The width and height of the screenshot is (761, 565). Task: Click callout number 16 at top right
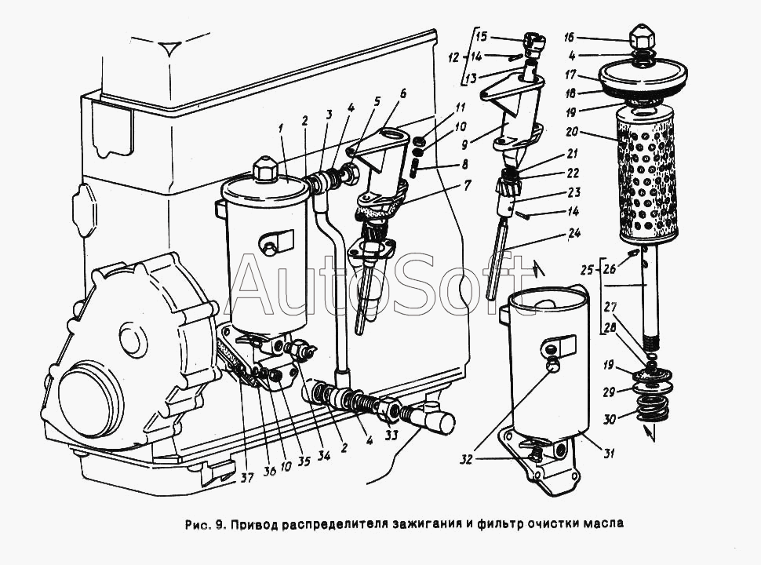[x=570, y=38]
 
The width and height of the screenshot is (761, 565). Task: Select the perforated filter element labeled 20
[x=646, y=176]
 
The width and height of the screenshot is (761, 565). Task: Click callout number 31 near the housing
[x=609, y=454]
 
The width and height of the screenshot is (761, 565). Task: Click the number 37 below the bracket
[x=247, y=478]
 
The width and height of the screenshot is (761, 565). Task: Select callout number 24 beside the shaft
[x=574, y=235]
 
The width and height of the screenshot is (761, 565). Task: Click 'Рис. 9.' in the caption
[x=204, y=523]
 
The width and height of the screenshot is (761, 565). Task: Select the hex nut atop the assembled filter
[x=265, y=169]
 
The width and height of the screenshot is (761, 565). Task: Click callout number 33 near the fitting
[x=391, y=435]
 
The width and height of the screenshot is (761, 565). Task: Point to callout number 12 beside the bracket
[x=453, y=58]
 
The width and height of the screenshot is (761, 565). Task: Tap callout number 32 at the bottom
[x=466, y=459]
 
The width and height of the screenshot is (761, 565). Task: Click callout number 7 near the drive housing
[x=467, y=185]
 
